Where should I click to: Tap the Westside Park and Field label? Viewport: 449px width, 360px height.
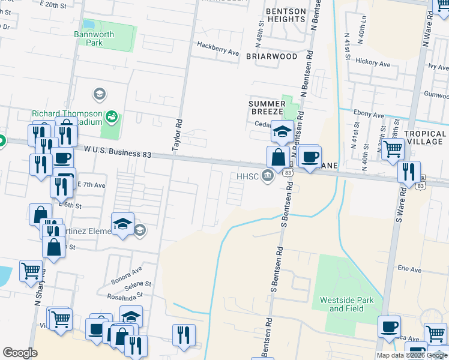click(351, 304)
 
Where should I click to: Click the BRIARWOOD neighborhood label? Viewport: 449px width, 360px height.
click(271, 56)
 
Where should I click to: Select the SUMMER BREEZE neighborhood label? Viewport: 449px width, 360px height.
click(271, 109)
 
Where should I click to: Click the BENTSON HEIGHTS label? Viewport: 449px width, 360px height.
click(278, 15)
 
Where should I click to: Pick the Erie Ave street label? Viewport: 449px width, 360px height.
click(408, 270)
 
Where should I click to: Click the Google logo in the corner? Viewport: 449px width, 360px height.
click(20, 352)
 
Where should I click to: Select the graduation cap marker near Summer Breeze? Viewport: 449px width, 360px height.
click(282, 131)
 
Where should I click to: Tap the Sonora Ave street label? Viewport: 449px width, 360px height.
click(125, 271)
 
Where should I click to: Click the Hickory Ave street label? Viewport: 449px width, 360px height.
click(375, 62)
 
